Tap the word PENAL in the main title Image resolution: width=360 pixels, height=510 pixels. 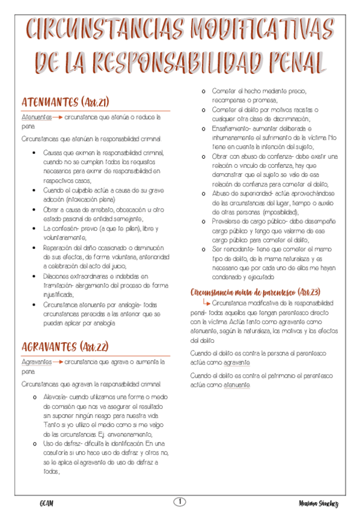(289, 62)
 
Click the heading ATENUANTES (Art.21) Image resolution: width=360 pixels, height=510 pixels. (65, 101)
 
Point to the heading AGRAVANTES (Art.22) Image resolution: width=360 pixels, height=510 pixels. (66, 346)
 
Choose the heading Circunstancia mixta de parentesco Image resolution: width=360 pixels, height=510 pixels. (254, 291)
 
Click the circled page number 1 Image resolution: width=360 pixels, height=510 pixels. (180, 502)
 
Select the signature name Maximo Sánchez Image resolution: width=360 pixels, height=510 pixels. (318, 503)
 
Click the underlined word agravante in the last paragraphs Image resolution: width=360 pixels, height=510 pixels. (234, 363)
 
